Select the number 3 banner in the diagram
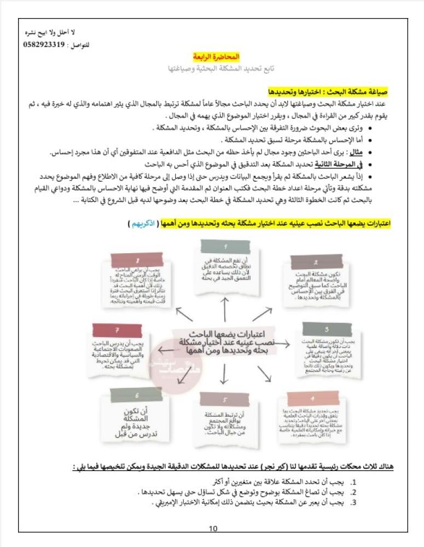tap(326, 330)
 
